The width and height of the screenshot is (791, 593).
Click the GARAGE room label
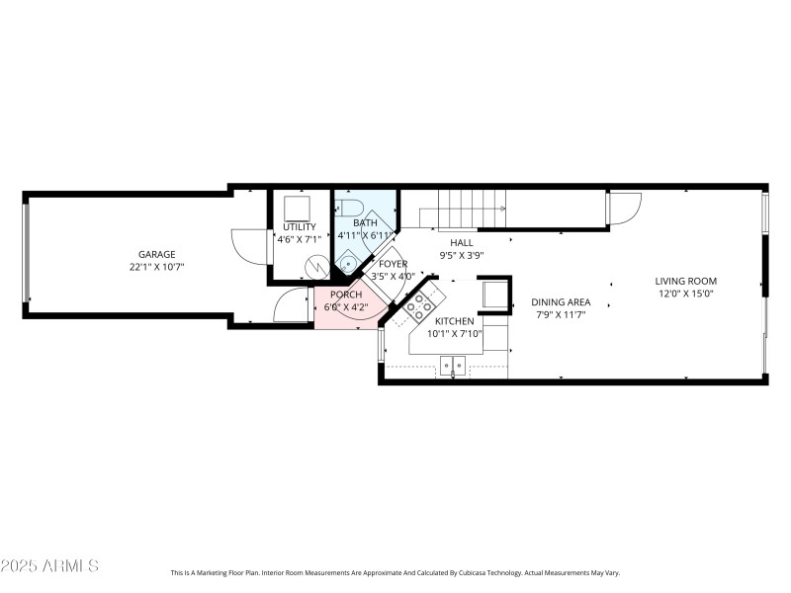click(x=156, y=254)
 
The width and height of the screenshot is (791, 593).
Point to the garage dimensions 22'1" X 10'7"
click(x=156, y=267)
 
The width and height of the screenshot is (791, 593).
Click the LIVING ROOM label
click(x=685, y=281)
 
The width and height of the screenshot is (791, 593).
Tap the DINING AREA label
click(x=561, y=302)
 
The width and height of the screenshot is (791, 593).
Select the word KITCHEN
click(x=455, y=321)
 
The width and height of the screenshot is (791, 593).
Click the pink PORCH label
click(x=345, y=295)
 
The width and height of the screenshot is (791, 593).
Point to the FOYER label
click(x=393, y=264)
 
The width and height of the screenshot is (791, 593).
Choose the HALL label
click(x=461, y=242)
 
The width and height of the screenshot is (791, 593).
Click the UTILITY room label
click(x=299, y=226)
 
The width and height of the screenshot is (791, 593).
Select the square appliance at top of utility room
click(x=298, y=207)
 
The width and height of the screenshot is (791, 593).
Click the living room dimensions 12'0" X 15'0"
click(x=685, y=294)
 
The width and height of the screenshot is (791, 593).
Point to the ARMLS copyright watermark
click(x=49, y=566)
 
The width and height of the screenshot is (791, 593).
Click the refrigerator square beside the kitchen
click(x=493, y=295)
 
